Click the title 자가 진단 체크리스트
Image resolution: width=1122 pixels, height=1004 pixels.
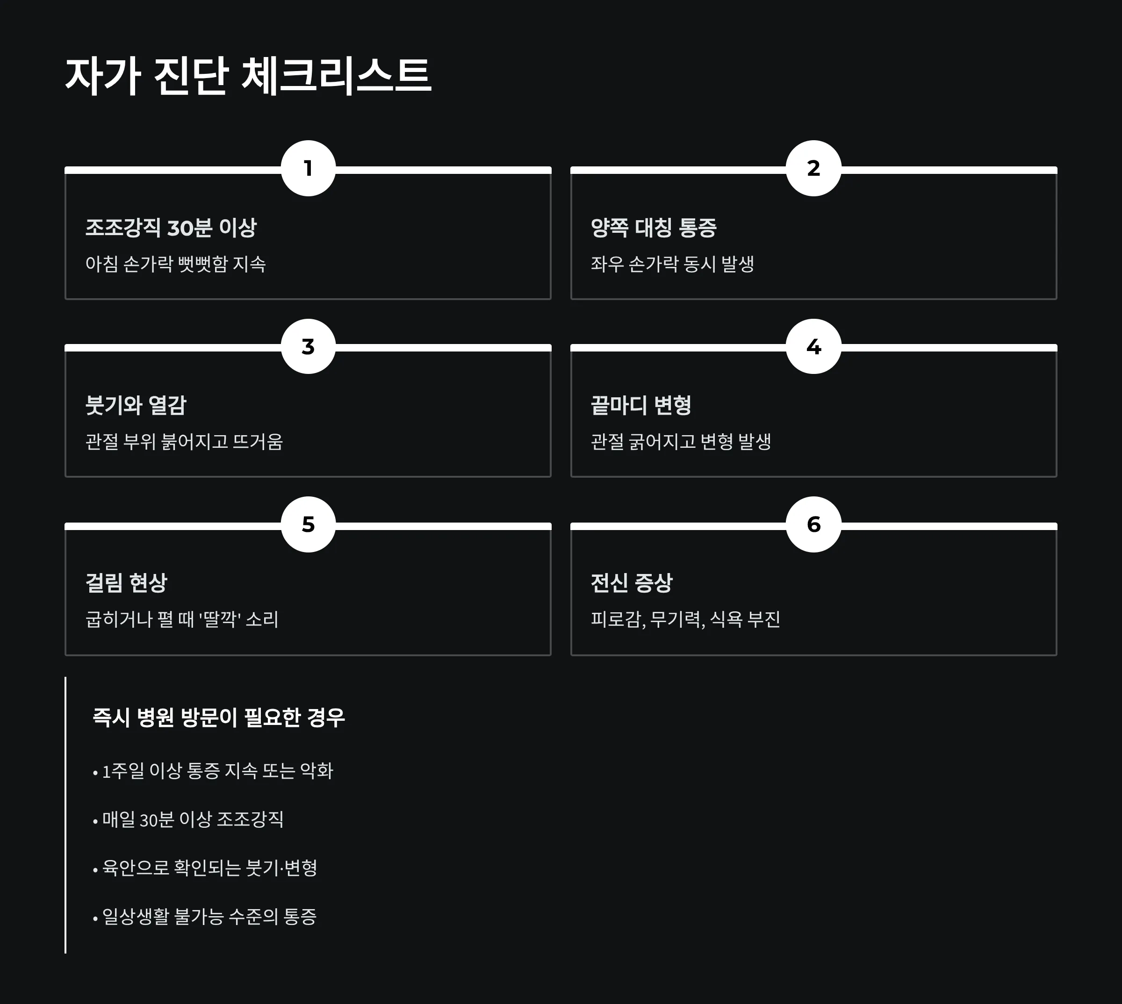click(248, 76)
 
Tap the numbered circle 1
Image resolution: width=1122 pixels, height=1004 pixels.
click(309, 168)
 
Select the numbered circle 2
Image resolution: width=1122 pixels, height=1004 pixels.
click(813, 168)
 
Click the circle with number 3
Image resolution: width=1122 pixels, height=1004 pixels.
click(309, 346)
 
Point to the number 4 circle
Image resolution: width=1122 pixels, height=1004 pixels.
click(813, 346)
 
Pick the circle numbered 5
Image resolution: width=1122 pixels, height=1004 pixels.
click(309, 524)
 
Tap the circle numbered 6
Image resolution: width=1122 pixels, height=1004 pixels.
click(813, 524)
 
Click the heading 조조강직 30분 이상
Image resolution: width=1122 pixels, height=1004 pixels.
click(171, 228)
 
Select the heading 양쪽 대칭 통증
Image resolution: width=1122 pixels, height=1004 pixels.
click(654, 228)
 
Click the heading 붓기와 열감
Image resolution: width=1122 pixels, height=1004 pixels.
click(136, 405)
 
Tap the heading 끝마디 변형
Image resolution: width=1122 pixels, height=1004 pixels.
click(641, 405)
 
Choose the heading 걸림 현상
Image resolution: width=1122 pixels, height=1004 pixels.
click(126, 583)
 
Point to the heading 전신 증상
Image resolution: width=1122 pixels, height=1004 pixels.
click(632, 583)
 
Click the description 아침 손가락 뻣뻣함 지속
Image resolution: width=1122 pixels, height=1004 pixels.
click(175, 264)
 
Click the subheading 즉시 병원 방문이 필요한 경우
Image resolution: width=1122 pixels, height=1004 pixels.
click(218, 717)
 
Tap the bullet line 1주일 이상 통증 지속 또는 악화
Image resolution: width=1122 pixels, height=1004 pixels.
click(217, 771)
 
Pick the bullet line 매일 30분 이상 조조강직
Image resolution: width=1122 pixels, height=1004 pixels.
click(193, 819)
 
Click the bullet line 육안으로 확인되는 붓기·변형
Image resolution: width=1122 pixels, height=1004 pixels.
click(209, 868)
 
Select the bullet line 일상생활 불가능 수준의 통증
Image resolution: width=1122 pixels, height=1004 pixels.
click(209, 916)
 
